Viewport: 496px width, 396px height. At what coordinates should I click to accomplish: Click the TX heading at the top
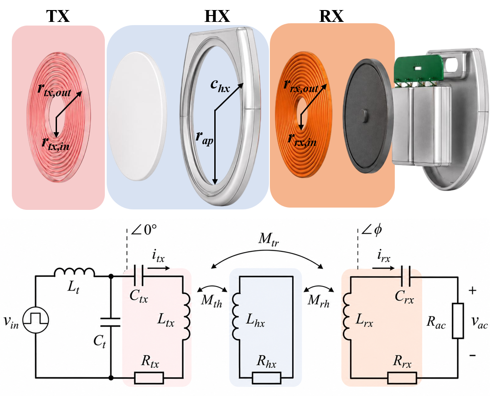coord(58,16)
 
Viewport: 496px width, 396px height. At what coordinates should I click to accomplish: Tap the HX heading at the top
coord(217,16)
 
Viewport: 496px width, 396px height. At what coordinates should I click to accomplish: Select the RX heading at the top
coord(331,16)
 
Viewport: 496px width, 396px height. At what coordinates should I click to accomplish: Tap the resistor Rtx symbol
coord(149,378)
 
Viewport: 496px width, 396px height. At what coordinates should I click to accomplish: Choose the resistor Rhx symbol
coord(267,378)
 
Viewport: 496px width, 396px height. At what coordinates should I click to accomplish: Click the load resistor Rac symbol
coord(458,320)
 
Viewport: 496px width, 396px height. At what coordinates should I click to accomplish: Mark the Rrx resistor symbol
coord(402,378)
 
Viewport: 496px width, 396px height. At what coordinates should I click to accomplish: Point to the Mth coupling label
coord(212,300)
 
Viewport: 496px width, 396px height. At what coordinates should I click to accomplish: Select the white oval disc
coord(138,116)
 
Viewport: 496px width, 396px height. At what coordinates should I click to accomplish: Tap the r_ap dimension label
coord(204,138)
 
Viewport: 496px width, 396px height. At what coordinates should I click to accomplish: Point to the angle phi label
coord(372,230)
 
